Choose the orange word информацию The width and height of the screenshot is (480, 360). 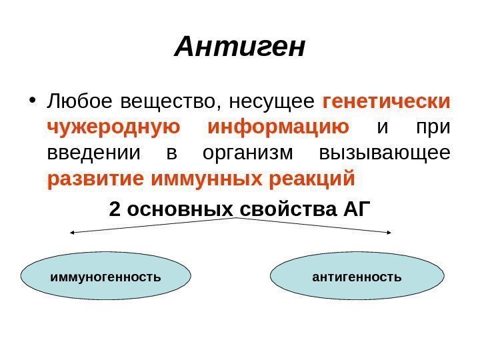[x=279, y=127]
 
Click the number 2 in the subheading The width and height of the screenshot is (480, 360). [x=115, y=209]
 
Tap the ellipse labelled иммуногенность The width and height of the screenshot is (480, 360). [x=106, y=275]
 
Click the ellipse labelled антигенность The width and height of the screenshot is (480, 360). [x=357, y=275]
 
